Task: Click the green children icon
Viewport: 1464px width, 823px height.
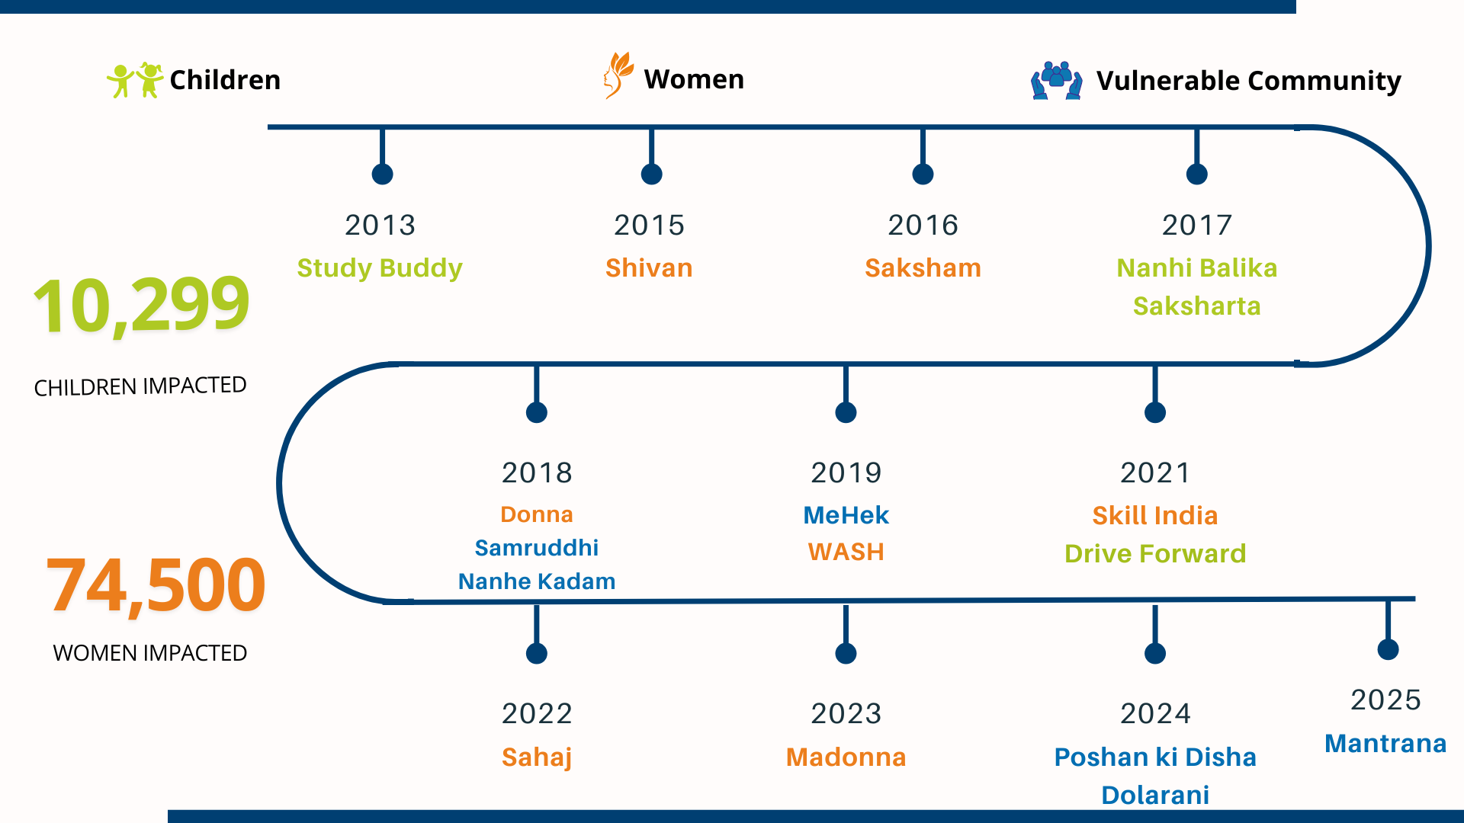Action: pyautogui.click(x=135, y=80)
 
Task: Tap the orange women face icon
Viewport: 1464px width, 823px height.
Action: pyautogui.click(x=618, y=75)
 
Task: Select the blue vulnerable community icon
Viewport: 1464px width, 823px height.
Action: pyautogui.click(x=1056, y=80)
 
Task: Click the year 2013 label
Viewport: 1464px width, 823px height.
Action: pyautogui.click(x=380, y=225)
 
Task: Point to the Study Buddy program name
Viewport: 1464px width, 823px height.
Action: pyautogui.click(x=380, y=268)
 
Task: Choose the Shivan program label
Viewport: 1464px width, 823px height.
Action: pyautogui.click(x=649, y=268)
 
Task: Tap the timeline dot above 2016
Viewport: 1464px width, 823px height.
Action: pyautogui.click(x=923, y=175)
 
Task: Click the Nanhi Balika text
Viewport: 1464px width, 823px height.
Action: pyautogui.click(x=1196, y=268)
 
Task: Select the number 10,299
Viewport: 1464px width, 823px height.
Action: pyautogui.click(x=142, y=306)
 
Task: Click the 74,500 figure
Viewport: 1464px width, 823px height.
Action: pyautogui.click(x=156, y=585)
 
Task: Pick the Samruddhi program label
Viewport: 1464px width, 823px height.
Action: pyautogui.click(x=536, y=548)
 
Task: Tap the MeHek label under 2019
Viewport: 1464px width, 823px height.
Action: pyautogui.click(x=846, y=515)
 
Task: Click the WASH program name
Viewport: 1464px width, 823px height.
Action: pyautogui.click(x=846, y=552)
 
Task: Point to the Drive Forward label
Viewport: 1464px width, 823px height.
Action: pyautogui.click(x=1155, y=553)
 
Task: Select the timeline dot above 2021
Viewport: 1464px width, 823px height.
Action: pyautogui.click(x=1155, y=413)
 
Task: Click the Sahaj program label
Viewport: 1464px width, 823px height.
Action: pyautogui.click(x=537, y=757)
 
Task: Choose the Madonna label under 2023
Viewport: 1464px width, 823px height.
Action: pyautogui.click(x=846, y=757)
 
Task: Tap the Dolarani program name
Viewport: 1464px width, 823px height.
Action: pyautogui.click(x=1155, y=795)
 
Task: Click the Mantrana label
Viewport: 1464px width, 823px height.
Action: pyautogui.click(x=1385, y=744)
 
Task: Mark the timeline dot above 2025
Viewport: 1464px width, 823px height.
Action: pyautogui.click(x=1388, y=649)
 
